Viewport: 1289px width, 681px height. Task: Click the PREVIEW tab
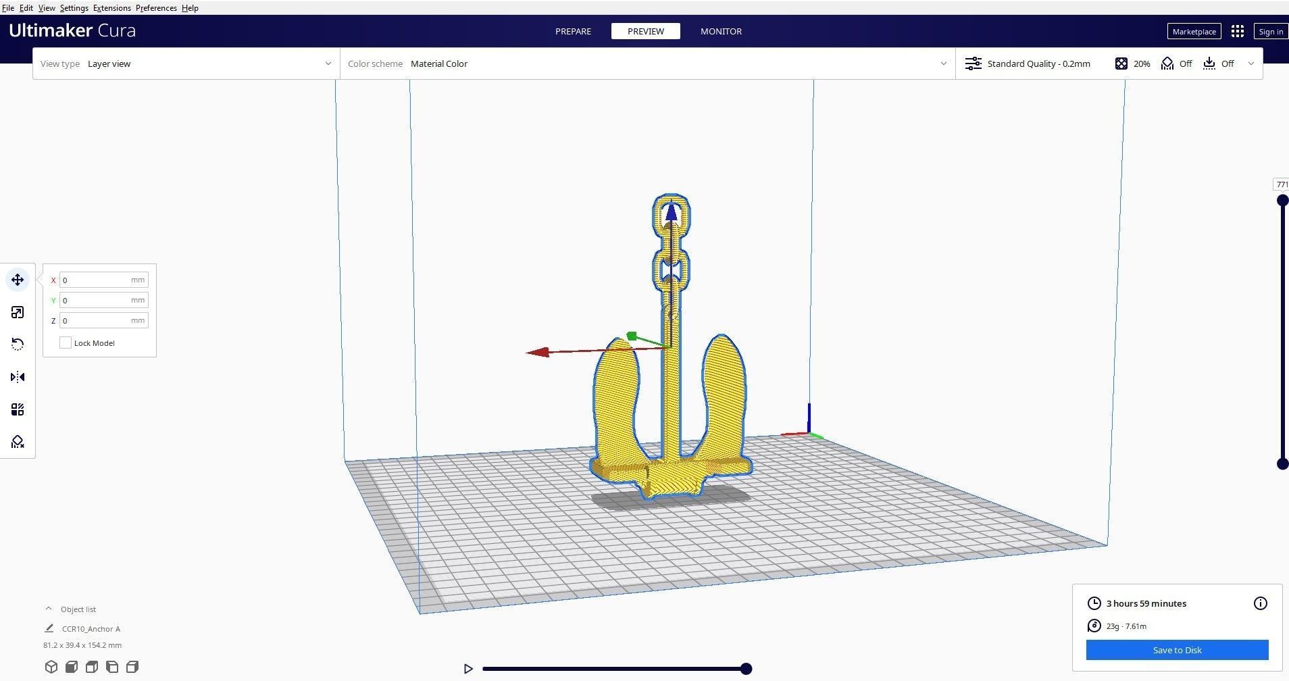click(x=645, y=31)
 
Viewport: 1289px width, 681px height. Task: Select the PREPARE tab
click(x=573, y=31)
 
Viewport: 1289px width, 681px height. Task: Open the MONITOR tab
click(x=721, y=31)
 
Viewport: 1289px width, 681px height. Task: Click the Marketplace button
click(x=1194, y=31)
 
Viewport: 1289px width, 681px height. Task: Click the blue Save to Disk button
click(x=1177, y=650)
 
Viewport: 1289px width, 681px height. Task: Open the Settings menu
click(x=74, y=7)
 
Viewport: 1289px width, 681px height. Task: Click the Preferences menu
click(x=156, y=7)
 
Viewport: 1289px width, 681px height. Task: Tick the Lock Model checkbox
click(x=66, y=343)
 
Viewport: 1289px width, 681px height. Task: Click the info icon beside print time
click(x=1260, y=603)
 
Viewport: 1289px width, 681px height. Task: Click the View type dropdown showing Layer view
click(x=186, y=64)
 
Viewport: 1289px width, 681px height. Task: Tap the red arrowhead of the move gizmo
click(x=537, y=352)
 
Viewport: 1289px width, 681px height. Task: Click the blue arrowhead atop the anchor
click(x=671, y=212)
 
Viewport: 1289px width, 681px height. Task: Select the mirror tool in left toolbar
click(x=18, y=377)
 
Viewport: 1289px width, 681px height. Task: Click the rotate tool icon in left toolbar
click(x=18, y=345)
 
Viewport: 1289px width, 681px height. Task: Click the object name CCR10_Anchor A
click(x=91, y=628)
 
